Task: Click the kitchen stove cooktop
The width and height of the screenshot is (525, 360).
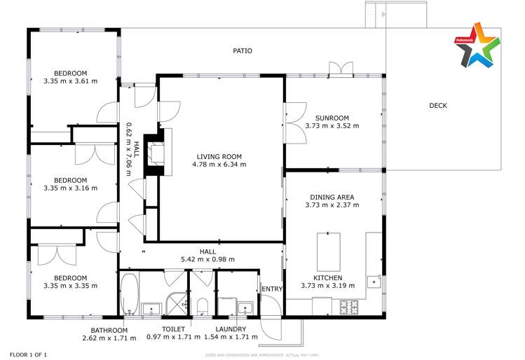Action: coord(348,307)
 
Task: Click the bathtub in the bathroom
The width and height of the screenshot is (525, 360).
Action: coord(130,293)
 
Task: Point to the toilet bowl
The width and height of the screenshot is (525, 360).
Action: coord(202,306)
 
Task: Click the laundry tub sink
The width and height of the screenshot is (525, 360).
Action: coord(245,307)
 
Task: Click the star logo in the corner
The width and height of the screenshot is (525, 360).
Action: coord(477,45)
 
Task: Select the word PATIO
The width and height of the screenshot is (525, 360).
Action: coord(243,51)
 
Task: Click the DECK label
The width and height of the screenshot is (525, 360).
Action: coord(438,106)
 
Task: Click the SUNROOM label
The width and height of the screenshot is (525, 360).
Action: coord(332,118)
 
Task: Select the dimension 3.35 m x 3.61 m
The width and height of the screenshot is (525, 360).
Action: coord(70,81)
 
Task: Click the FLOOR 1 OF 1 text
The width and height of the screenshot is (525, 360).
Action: coord(27,354)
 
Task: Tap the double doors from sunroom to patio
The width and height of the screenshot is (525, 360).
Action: coord(342,69)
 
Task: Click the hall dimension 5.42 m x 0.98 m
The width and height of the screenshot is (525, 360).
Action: coord(207,259)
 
